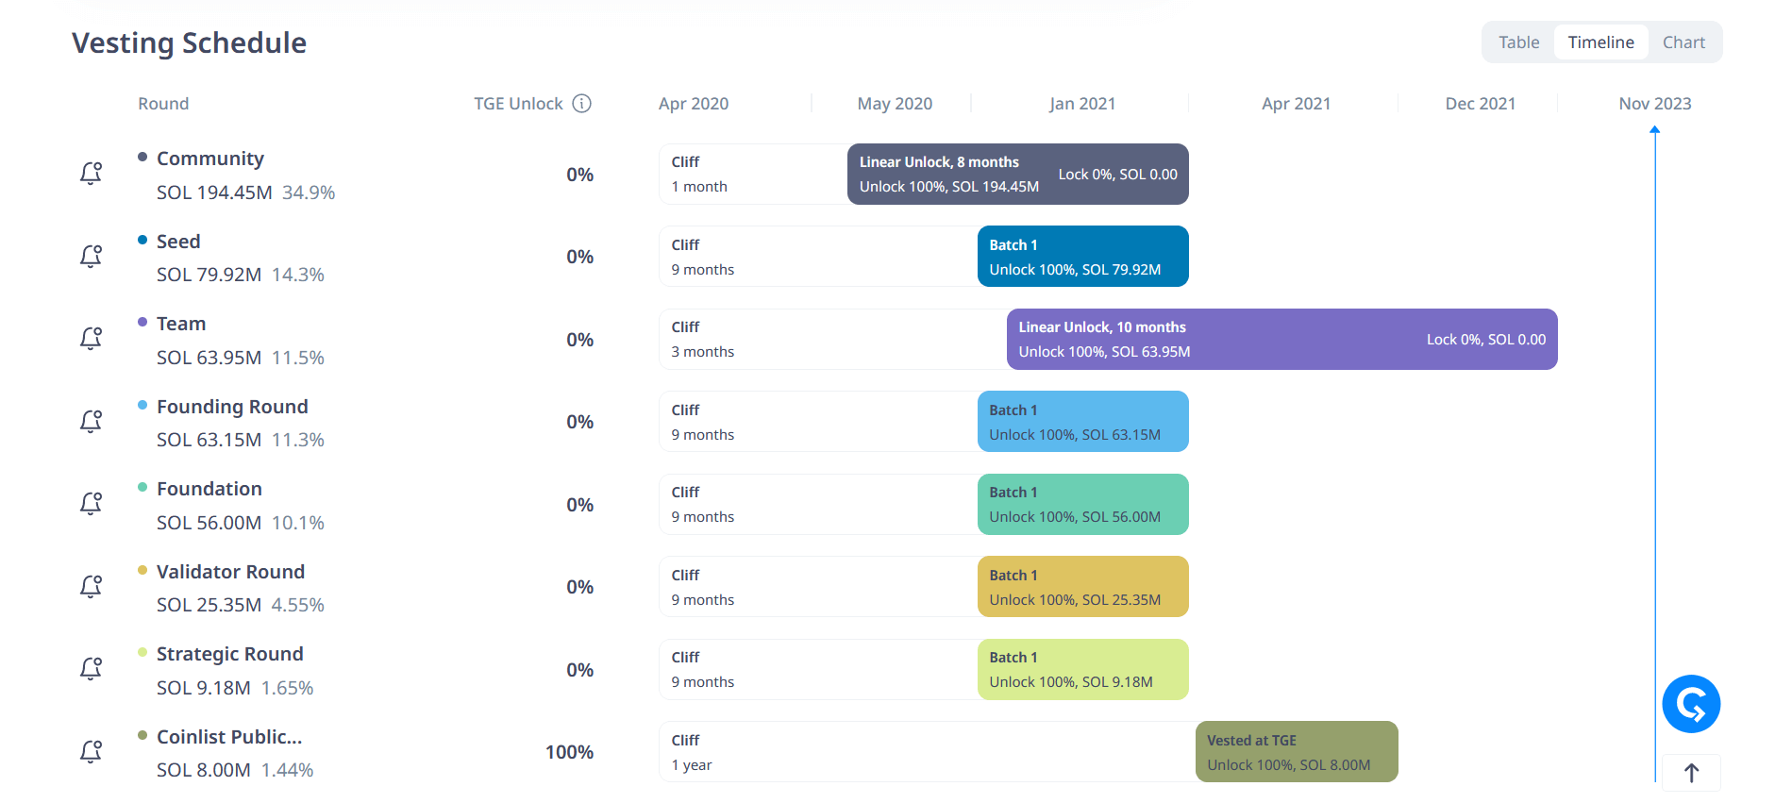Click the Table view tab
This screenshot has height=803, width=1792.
pyautogui.click(x=1518, y=42)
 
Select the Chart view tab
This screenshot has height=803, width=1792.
pyautogui.click(x=1683, y=42)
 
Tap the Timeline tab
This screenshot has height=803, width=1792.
pyautogui.click(x=1600, y=42)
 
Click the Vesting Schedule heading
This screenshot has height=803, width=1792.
pyautogui.click(x=189, y=43)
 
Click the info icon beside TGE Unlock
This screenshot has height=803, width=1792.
pyautogui.click(x=582, y=104)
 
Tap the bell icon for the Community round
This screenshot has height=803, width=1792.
pyautogui.click(x=91, y=174)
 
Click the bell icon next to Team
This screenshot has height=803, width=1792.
pyautogui.click(x=91, y=339)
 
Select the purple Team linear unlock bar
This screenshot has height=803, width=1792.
pyautogui.click(x=1281, y=340)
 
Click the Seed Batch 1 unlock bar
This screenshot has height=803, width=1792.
pyautogui.click(x=1082, y=257)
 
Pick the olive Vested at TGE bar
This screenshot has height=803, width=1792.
pyautogui.click(x=1296, y=752)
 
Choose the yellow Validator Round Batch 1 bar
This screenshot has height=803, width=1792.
pyautogui.click(x=1082, y=587)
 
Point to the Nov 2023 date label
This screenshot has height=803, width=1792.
pyautogui.click(x=1654, y=104)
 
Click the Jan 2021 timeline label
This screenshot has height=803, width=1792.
pyautogui.click(x=1081, y=104)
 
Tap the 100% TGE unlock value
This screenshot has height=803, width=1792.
pyautogui.click(x=569, y=752)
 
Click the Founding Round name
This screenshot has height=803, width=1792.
pyautogui.click(x=232, y=407)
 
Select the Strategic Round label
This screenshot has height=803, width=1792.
pyautogui.click(x=229, y=654)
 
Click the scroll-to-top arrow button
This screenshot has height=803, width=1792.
pyautogui.click(x=1691, y=774)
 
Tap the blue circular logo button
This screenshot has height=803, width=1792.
pyautogui.click(x=1691, y=704)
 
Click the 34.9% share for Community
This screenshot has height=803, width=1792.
pyautogui.click(x=309, y=192)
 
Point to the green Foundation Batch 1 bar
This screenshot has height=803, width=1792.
pyautogui.click(x=1082, y=505)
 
